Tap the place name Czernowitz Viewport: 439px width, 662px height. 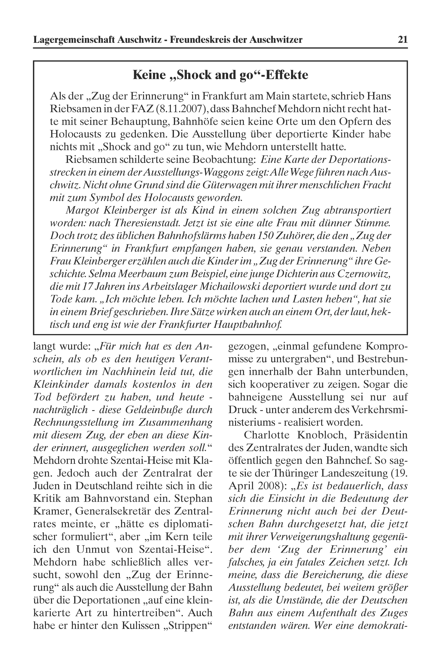(364, 274)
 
